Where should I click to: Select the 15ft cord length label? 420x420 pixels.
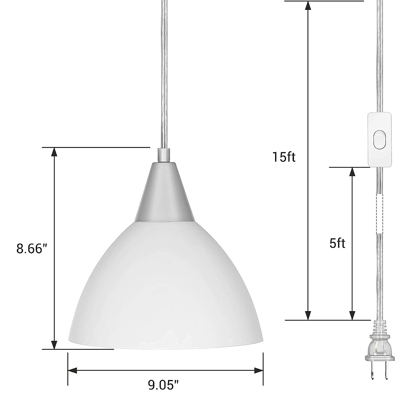click(284, 157)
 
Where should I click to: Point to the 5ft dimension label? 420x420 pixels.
click(337, 243)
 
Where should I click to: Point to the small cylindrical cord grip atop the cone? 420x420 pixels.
click(162, 155)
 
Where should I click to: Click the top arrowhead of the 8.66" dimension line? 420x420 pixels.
click(54, 151)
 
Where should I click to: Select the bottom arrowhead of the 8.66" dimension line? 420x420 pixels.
click(54, 344)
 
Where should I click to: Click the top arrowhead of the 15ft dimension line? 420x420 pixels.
click(308, 5)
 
